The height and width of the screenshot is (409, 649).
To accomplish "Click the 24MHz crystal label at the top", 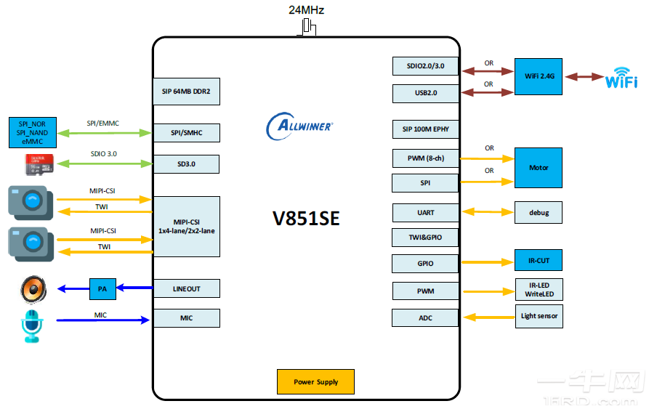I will click(306, 10).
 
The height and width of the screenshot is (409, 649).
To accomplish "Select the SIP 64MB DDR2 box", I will click(186, 92).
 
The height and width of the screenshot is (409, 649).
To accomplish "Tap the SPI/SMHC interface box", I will click(186, 132).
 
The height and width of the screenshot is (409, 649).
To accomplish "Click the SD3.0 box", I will click(186, 164).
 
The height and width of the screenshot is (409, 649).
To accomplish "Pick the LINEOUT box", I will click(186, 288).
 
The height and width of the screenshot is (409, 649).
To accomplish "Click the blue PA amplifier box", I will click(102, 288).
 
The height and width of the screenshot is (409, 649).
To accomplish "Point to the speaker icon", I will click(32, 290).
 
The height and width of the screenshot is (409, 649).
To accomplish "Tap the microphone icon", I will click(32, 325).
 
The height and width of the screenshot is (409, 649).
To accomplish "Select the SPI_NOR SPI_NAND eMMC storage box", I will click(32, 133).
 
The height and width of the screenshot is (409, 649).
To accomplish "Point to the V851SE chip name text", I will click(306, 219).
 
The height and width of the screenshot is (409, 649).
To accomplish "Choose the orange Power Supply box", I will click(317, 381).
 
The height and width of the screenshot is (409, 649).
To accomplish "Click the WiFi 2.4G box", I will click(539, 76).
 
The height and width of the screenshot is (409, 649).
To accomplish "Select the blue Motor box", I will click(539, 168).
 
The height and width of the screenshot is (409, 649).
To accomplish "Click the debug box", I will click(539, 212).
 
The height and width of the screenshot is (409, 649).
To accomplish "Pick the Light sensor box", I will click(539, 316).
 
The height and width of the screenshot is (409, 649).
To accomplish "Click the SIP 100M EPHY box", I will click(425, 129).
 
